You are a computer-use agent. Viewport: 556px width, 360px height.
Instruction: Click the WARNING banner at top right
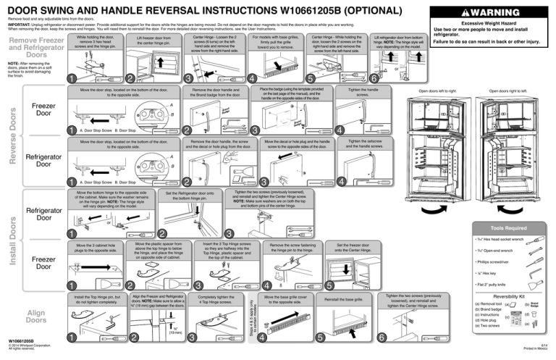(x=492, y=12)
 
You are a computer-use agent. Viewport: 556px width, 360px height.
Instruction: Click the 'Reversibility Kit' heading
(x=513, y=296)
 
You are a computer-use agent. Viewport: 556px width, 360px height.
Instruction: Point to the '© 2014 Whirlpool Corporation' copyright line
(x=28, y=348)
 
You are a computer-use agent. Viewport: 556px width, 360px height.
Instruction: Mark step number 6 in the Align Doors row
(x=381, y=338)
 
